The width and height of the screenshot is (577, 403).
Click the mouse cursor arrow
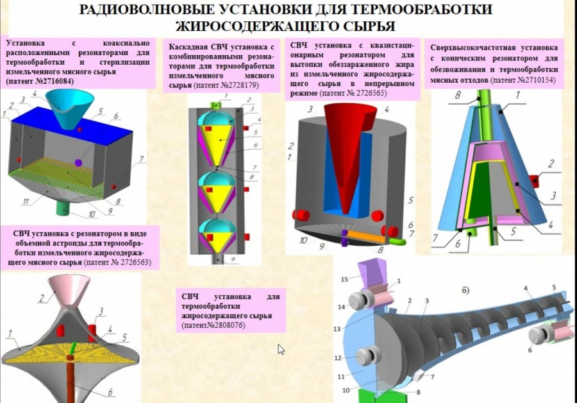(281, 349)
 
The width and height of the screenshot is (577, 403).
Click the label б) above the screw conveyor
(465, 290)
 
